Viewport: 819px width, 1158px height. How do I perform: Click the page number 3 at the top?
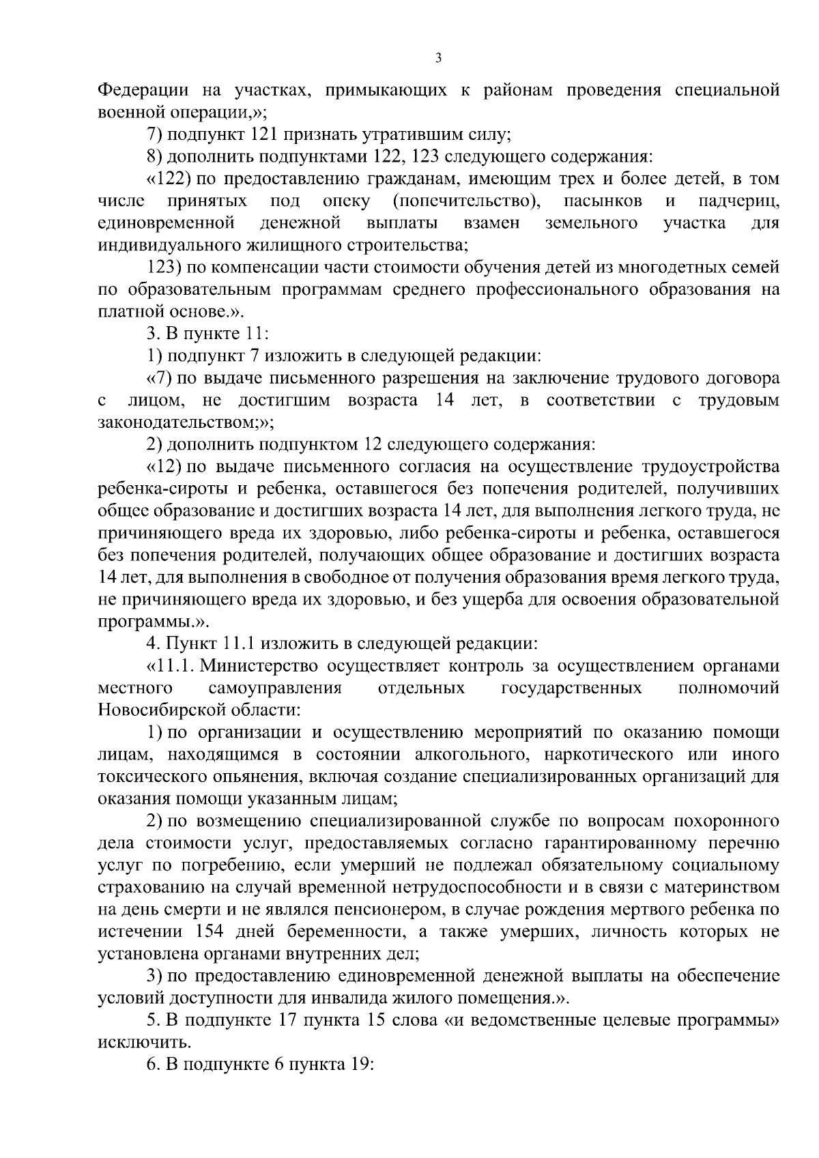click(438, 59)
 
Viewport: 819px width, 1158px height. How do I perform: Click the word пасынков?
click(603, 201)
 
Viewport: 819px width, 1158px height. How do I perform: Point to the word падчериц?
click(739, 201)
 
